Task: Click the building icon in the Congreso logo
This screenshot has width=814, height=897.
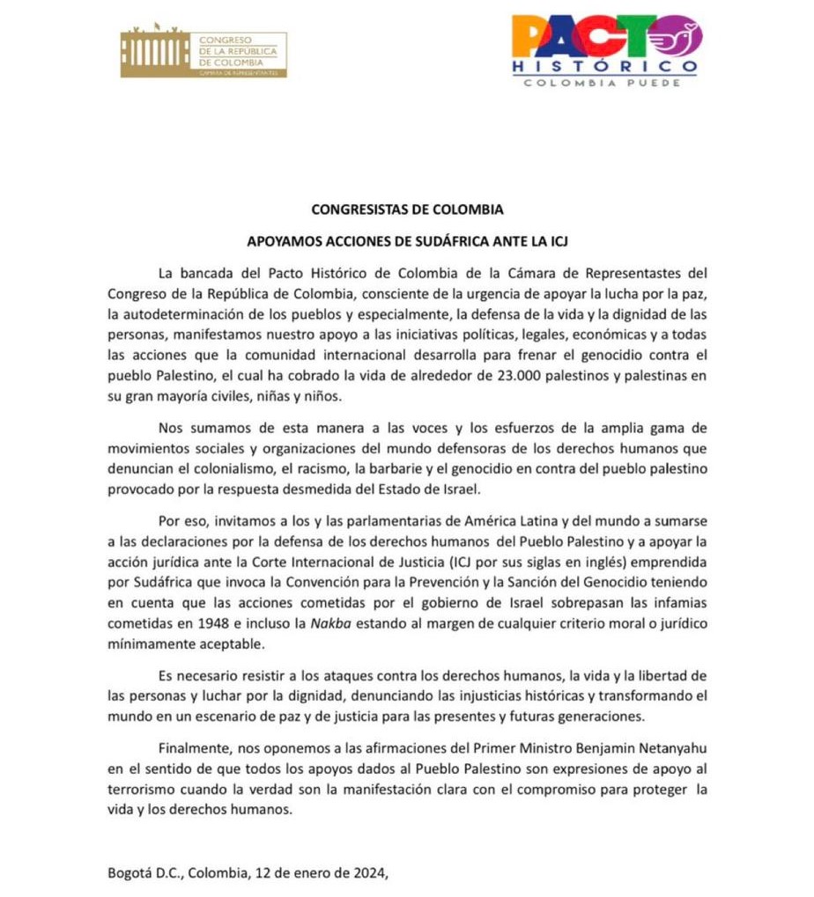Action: click(x=154, y=54)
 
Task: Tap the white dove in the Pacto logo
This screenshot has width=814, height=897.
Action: click(x=683, y=36)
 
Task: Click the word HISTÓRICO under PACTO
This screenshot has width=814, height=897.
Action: click(x=605, y=66)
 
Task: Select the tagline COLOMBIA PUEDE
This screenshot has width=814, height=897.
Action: click(x=604, y=83)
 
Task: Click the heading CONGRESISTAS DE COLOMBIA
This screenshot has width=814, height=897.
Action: click(x=407, y=210)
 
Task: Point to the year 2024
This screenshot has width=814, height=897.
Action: click(x=364, y=874)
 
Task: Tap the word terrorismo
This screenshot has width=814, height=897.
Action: click(x=142, y=790)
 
